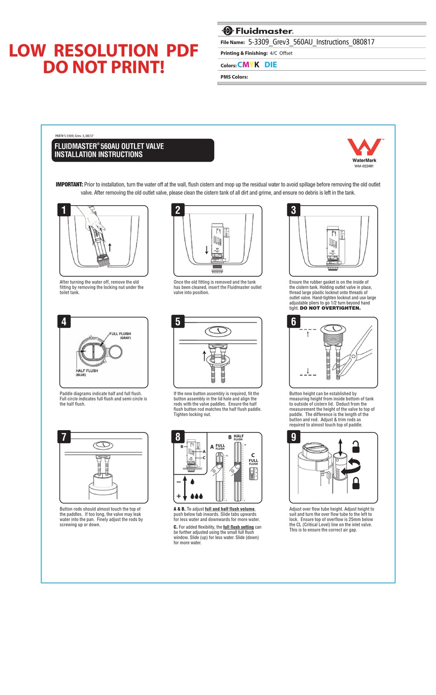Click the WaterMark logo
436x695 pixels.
coord(364,148)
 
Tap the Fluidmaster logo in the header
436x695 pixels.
coord(257,31)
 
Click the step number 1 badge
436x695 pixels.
coord(64,210)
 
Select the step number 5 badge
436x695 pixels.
coord(178,321)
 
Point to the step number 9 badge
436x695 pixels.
coord(294,437)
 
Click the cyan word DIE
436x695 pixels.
coord(271,65)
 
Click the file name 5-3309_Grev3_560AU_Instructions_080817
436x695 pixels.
coord(311,42)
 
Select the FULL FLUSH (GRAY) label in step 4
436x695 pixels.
coord(120,336)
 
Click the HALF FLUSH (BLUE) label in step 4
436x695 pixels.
coord(86,372)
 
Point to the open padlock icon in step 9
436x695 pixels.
coord(356,447)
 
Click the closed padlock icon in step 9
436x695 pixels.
coord(356,483)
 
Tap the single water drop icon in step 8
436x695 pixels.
coord(192,482)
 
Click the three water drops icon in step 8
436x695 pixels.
coord(196,496)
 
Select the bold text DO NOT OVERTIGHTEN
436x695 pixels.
coord(330,308)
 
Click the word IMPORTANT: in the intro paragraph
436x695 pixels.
coord(69,185)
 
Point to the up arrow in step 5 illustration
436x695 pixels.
coord(204,355)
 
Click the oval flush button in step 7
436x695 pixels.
coord(103,445)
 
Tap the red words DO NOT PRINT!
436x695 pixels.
coord(104,67)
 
